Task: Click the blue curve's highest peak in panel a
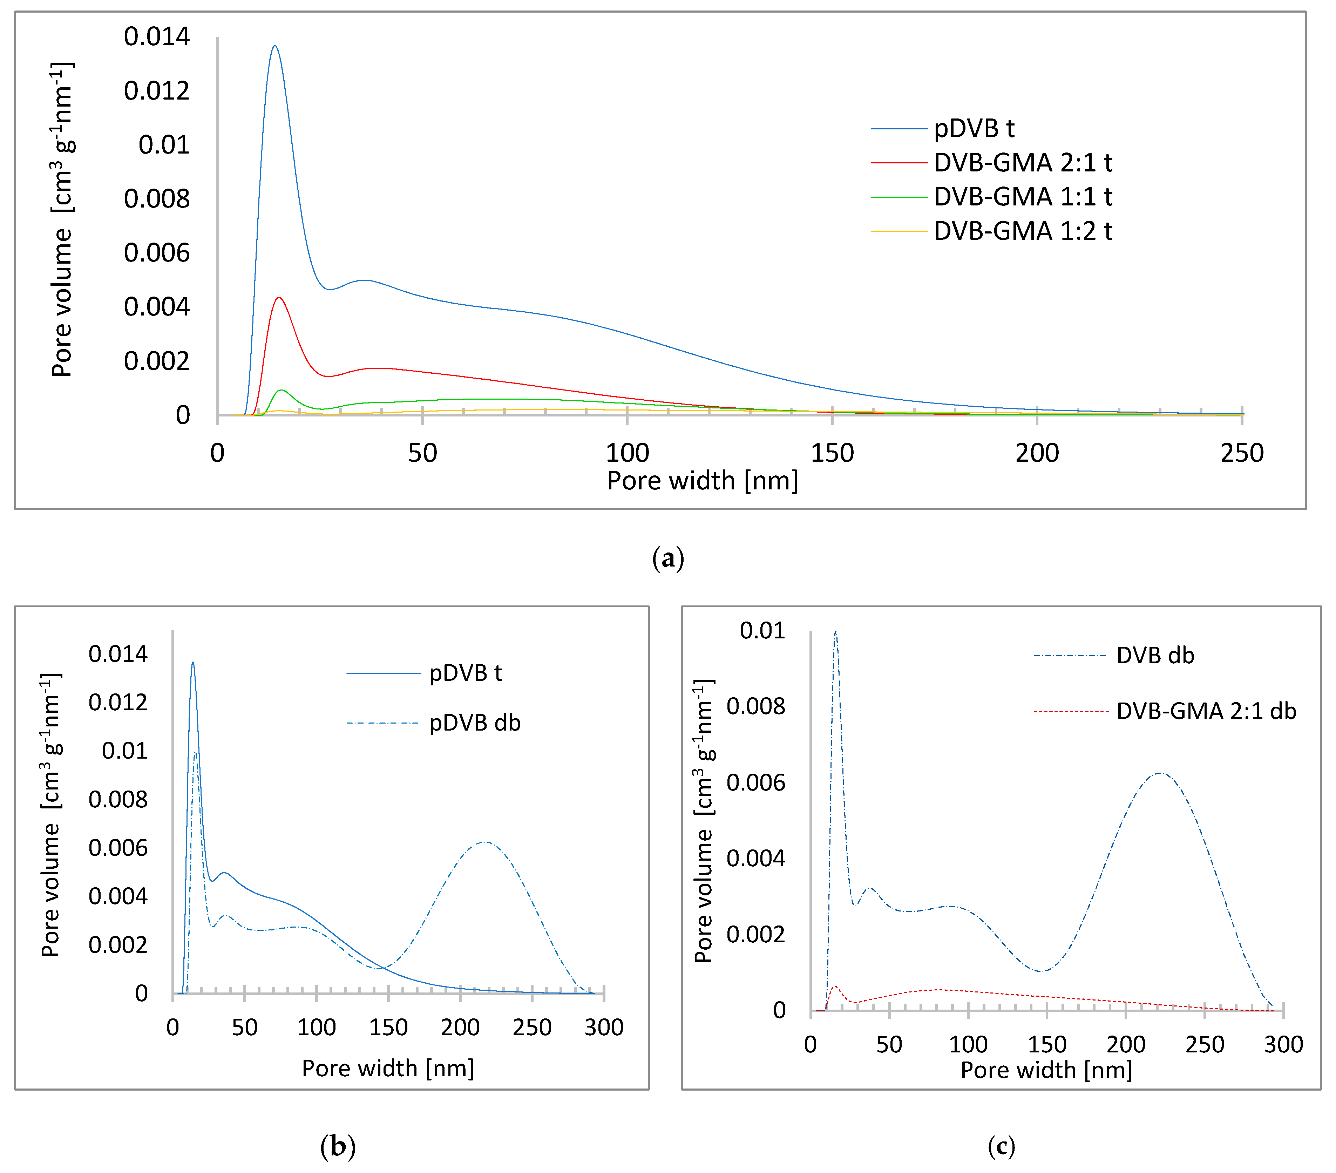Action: [274, 46]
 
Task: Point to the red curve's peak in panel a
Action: [279, 298]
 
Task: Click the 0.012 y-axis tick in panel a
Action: [156, 91]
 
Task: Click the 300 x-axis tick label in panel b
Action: [603, 1027]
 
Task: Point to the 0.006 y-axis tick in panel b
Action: [118, 848]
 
